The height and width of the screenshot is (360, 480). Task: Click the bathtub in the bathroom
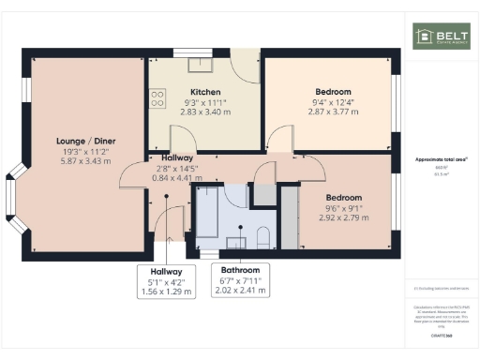coord(206,213)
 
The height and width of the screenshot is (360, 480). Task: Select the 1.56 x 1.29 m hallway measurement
coord(166,292)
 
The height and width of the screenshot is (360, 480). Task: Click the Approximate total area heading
coord(440,159)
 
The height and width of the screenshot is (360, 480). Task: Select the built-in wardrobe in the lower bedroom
coord(289,215)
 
